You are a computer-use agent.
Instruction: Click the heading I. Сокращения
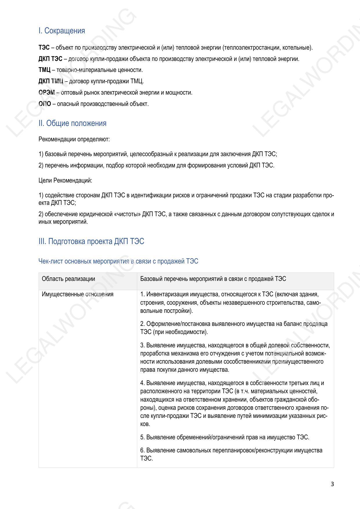point(61,31)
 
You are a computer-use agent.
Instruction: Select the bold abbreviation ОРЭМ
point(46,93)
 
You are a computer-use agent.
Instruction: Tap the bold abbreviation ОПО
point(45,104)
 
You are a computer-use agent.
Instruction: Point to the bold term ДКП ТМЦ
point(51,81)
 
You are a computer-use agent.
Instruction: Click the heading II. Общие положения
point(72,123)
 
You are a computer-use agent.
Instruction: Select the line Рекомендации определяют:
point(74,139)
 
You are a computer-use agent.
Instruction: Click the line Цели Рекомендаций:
point(65,181)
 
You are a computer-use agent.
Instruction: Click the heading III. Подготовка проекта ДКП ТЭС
point(91,241)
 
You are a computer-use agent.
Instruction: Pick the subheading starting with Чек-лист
point(118,261)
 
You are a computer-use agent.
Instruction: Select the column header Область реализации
point(68,279)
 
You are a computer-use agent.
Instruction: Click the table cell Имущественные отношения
point(77,294)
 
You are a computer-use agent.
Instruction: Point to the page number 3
point(332,484)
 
